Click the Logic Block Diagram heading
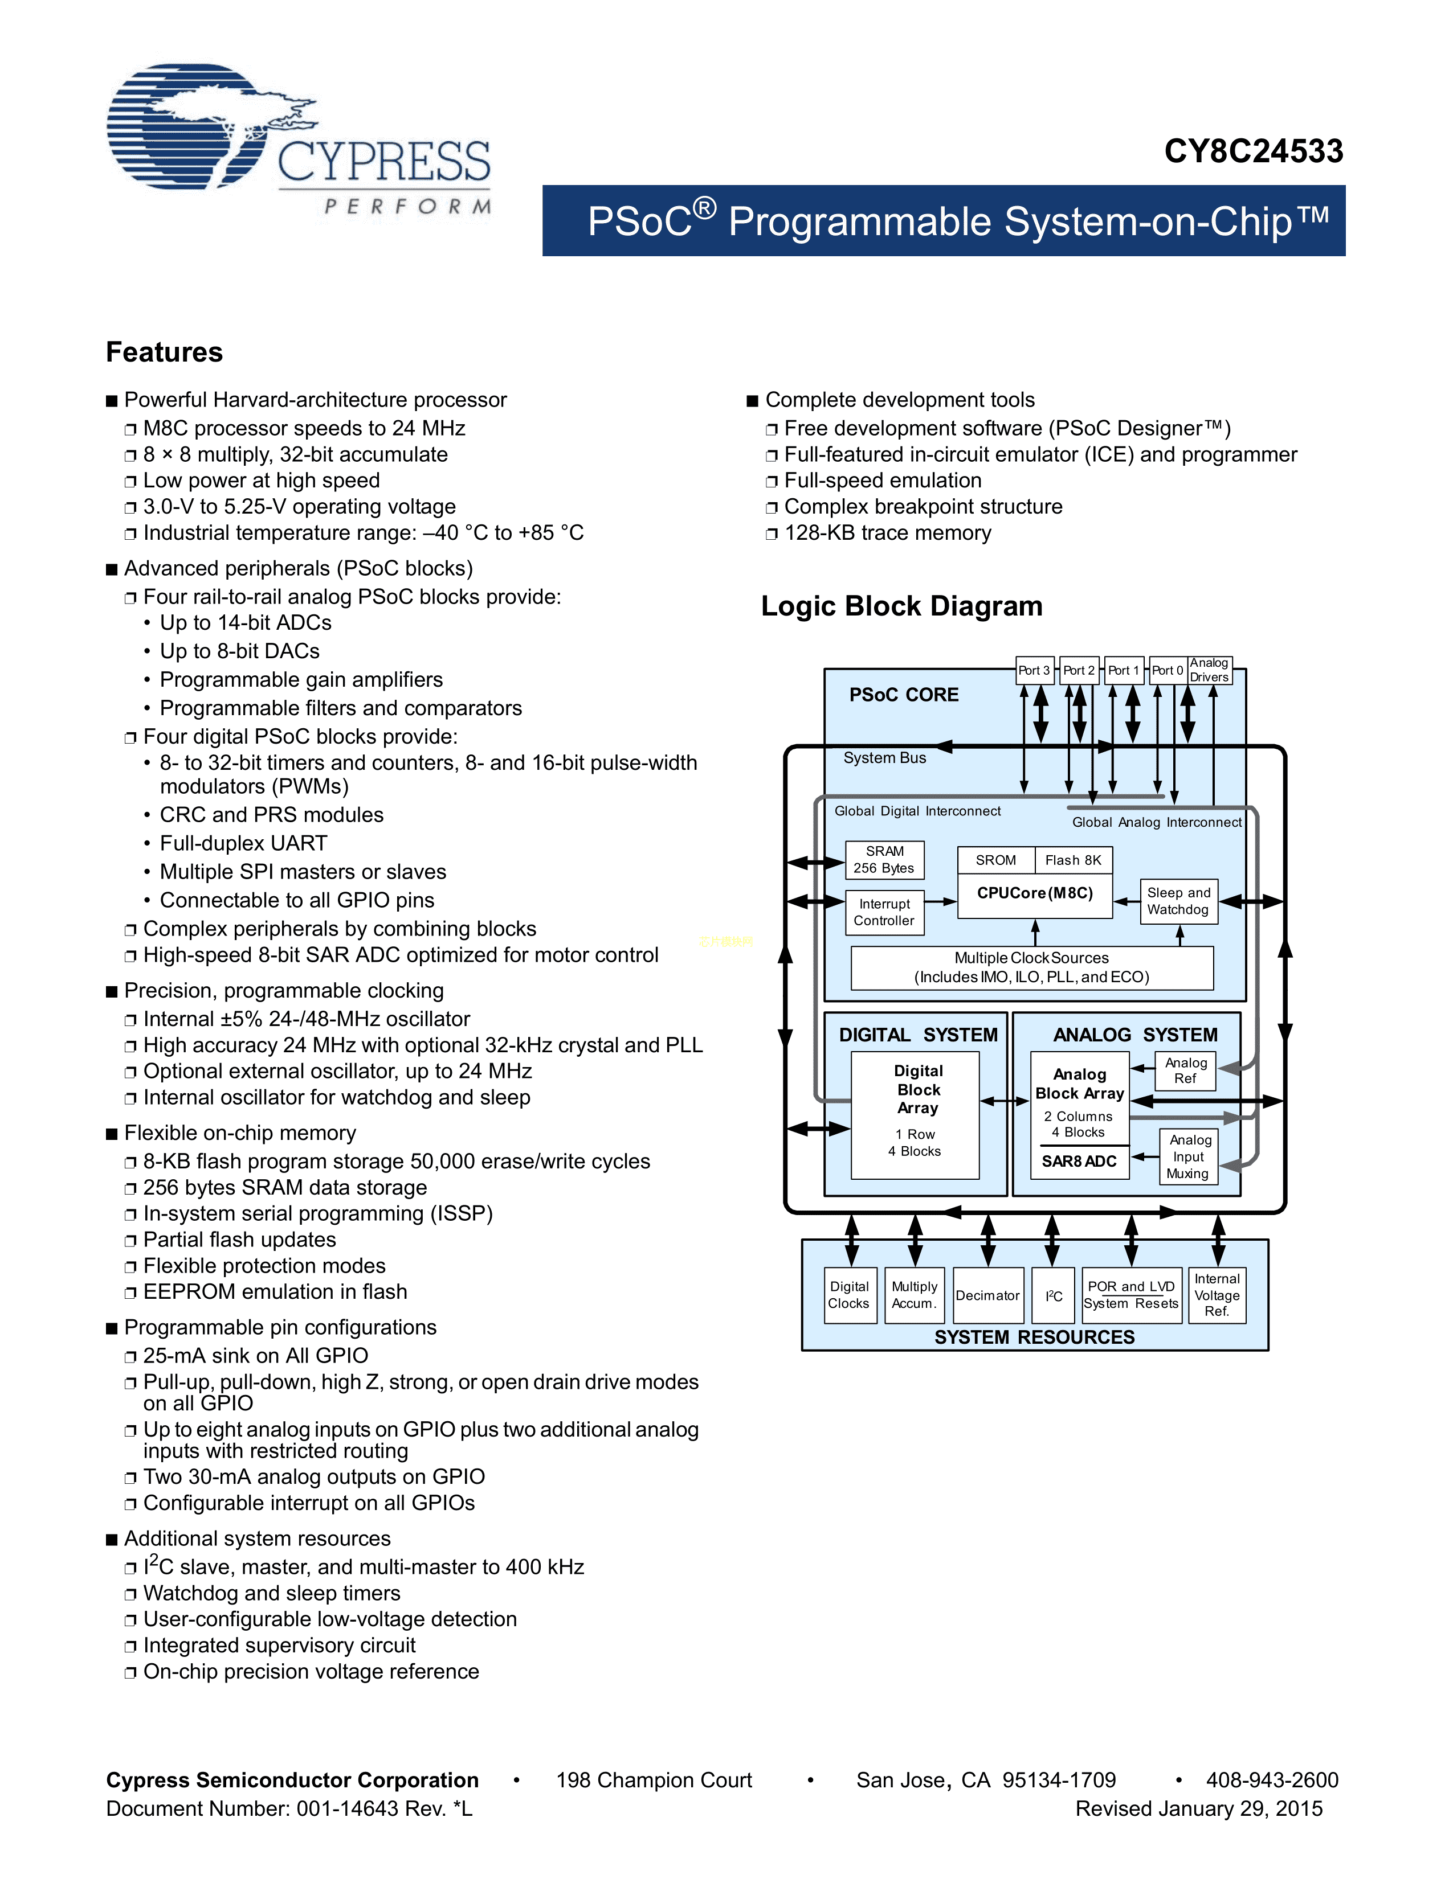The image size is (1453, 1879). pyautogui.click(x=901, y=606)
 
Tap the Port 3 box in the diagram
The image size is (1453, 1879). pyautogui.click(x=1034, y=670)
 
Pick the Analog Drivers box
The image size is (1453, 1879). pyautogui.click(x=1209, y=670)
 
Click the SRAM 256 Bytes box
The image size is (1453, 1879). pyautogui.click(x=884, y=859)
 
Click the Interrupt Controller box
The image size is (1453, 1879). pyautogui.click(x=884, y=912)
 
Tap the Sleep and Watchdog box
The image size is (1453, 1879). pyautogui.click(x=1178, y=901)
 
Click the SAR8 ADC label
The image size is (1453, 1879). pyautogui.click(x=1079, y=1162)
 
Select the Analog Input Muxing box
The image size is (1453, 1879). pyautogui.click(x=1188, y=1156)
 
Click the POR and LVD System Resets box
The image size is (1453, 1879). pyautogui.click(x=1131, y=1295)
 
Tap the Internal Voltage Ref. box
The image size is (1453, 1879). pyautogui.click(x=1217, y=1295)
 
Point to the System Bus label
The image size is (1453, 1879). pyautogui.click(x=884, y=758)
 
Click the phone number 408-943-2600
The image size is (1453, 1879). pyautogui.click(x=1271, y=1780)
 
